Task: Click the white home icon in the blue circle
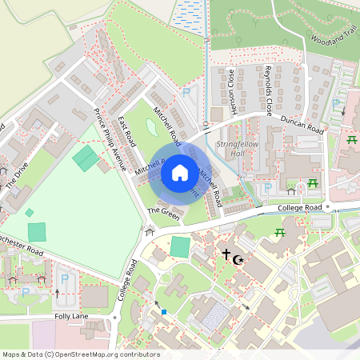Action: (x=180, y=172)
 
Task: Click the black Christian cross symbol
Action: (x=226, y=255)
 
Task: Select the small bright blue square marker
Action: (x=163, y=312)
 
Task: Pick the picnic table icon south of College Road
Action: (x=280, y=233)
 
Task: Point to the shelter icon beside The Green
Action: (x=147, y=232)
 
